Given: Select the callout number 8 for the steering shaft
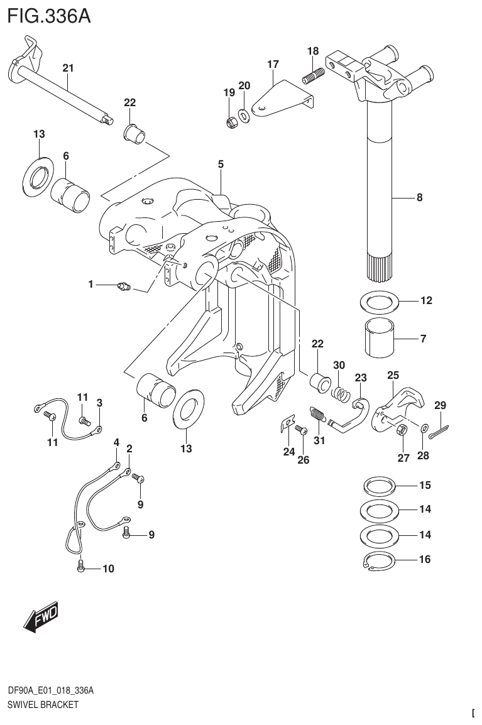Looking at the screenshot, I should pyautogui.click(x=419, y=197).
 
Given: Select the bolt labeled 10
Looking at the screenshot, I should pyautogui.click(x=80, y=568).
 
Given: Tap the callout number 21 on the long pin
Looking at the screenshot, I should pyautogui.click(x=68, y=67).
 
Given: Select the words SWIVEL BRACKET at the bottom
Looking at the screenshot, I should pyautogui.click(x=42, y=705).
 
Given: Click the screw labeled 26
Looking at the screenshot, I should pyautogui.click(x=299, y=430).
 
